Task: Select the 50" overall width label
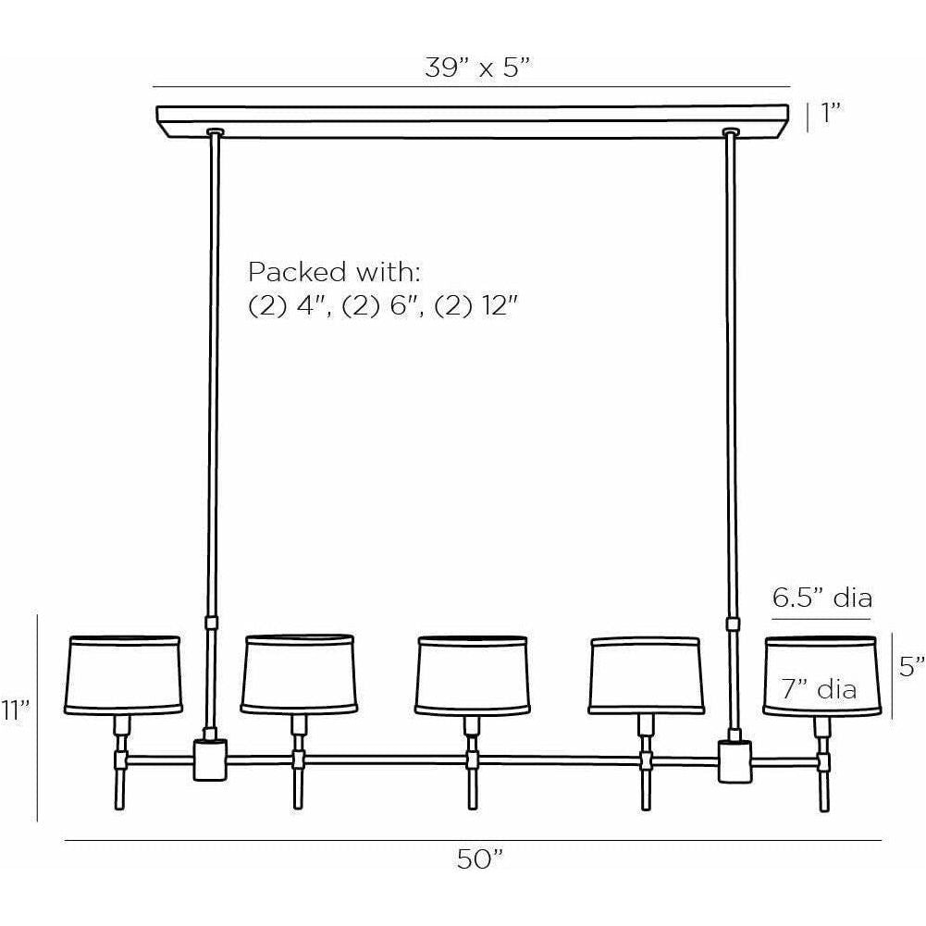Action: tap(479, 859)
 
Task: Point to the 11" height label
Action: tap(17, 710)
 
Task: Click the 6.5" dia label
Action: tap(822, 597)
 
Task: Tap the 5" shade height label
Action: tap(911, 664)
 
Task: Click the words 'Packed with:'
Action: tap(334, 273)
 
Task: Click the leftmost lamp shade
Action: tap(124, 674)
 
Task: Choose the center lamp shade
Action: tap(472, 674)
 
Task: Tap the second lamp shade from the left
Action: tap(299, 674)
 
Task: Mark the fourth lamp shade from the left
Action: tap(645, 674)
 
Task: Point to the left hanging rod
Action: tap(214, 370)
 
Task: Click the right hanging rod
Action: tap(734, 370)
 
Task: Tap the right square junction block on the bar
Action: tap(737, 759)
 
